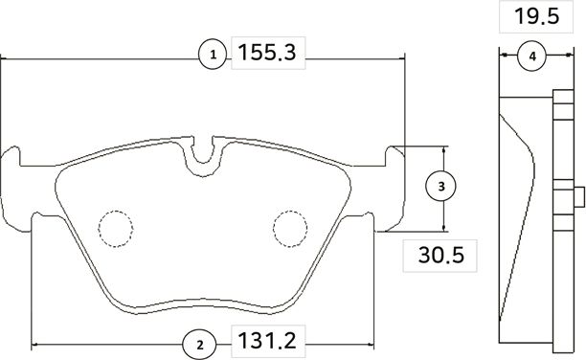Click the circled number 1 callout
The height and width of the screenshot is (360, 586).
pyautogui.click(x=213, y=56)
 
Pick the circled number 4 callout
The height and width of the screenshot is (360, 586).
pyautogui.click(x=532, y=56)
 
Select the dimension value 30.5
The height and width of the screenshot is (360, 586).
pyautogui.click(x=441, y=255)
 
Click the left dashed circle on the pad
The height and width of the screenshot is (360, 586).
pyautogui.click(x=115, y=226)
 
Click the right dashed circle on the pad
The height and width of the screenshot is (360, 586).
pyautogui.click(x=289, y=226)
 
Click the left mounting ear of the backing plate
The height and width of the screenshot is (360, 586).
pyautogui.click(x=13, y=172)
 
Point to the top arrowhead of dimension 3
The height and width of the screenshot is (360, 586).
pyautogui.click(x=445, y=150)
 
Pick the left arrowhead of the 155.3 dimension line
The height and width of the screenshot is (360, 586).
pyautogui.click(x=6, y=57)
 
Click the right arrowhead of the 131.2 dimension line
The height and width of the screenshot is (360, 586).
pyautogui.click(x=368, y=344)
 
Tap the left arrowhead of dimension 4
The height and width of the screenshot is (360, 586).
pyautogui.click(x=504, y=56)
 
